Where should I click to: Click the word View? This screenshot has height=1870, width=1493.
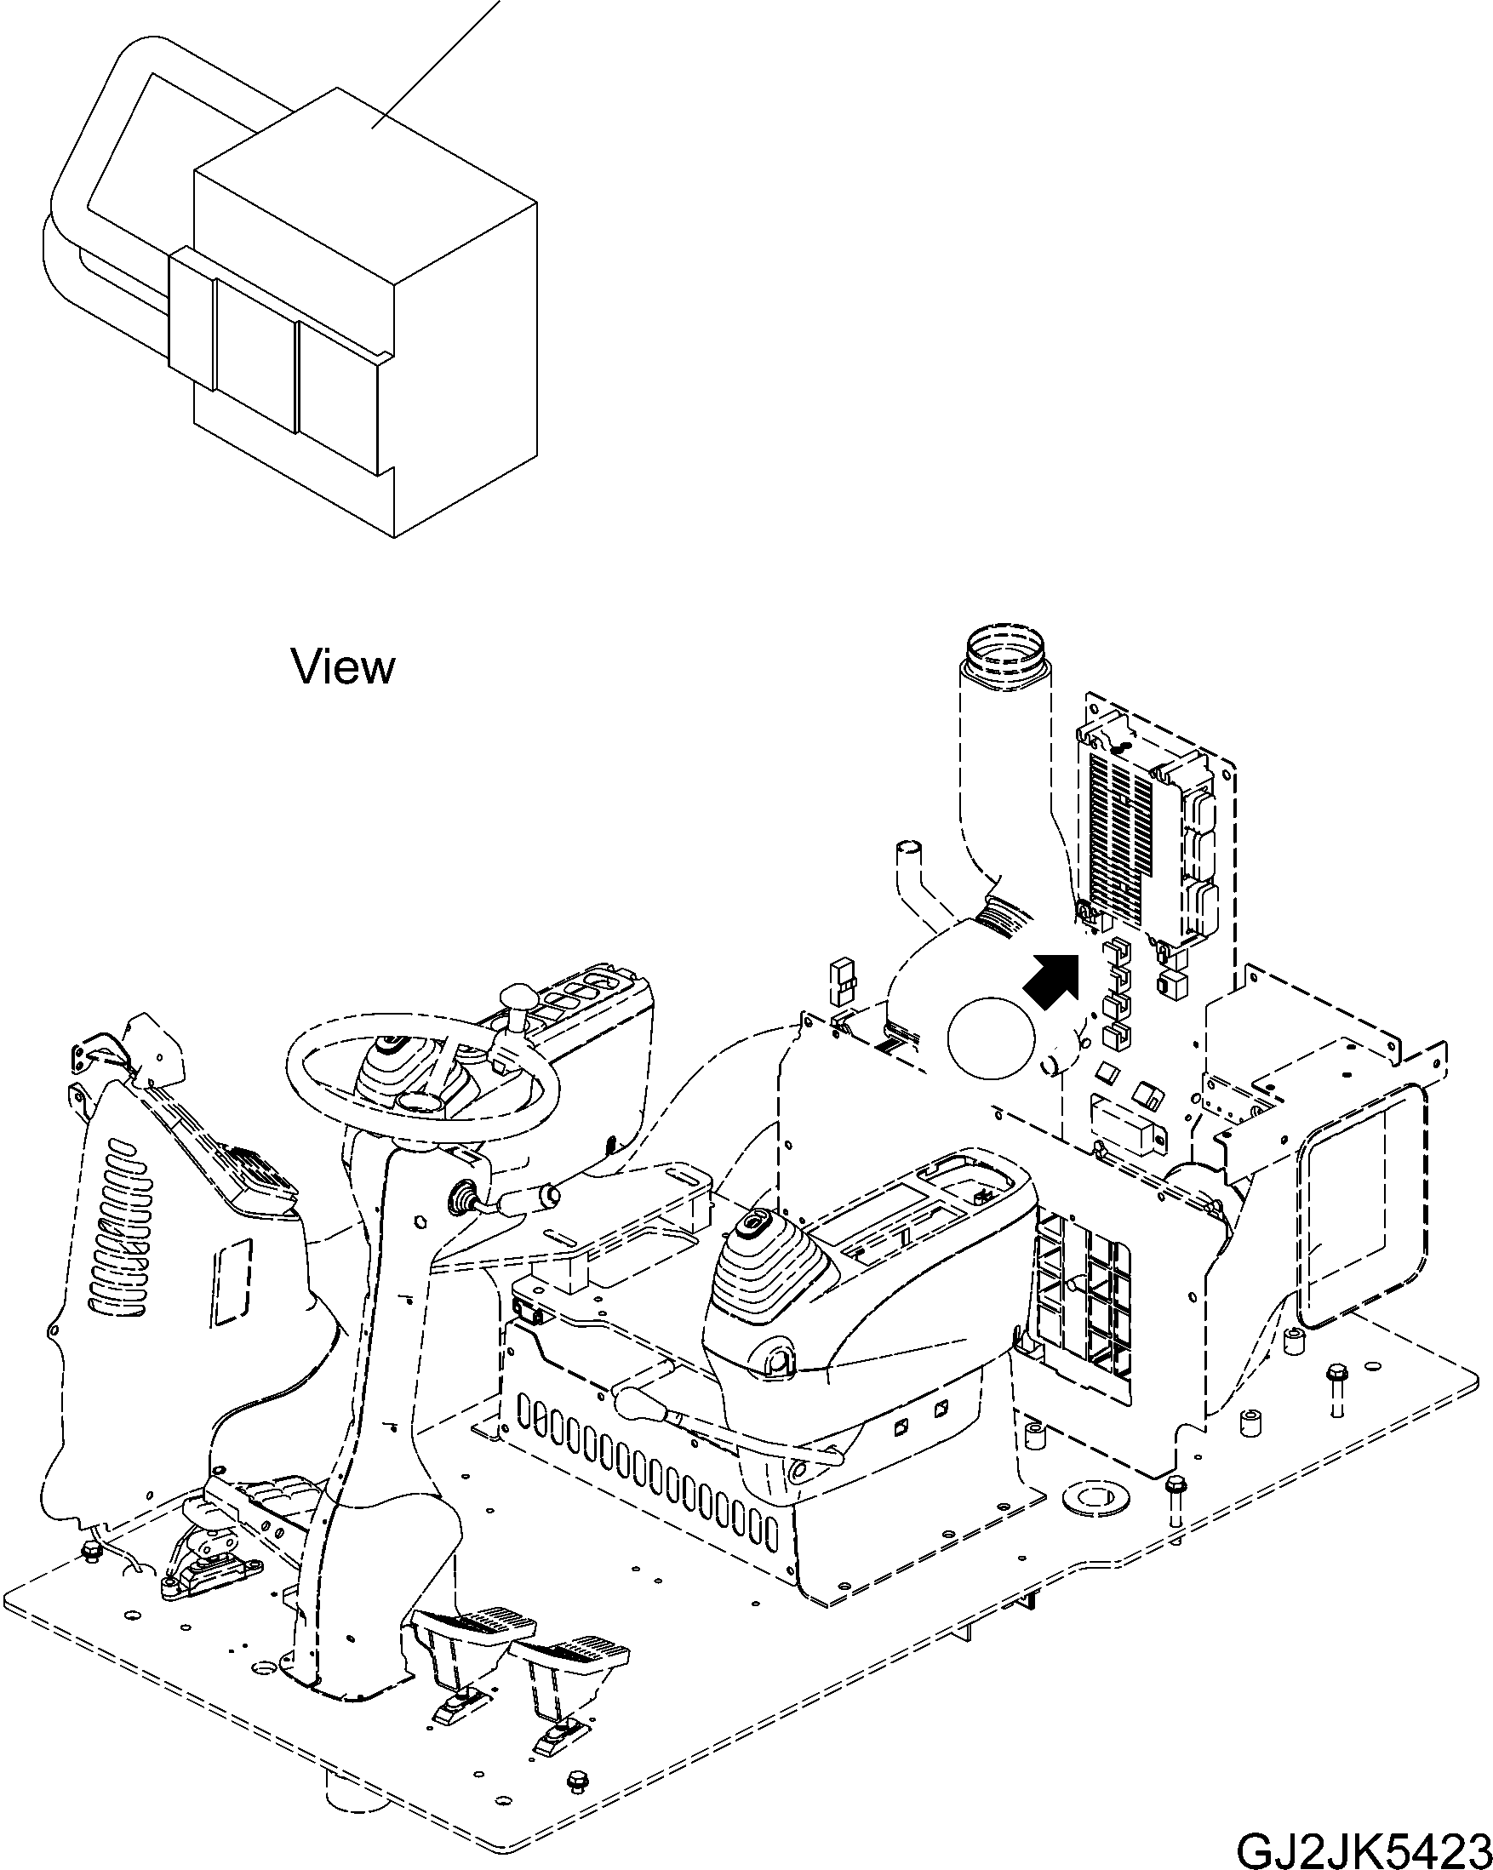point(343,667)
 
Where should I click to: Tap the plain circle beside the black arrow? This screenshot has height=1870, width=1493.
point(992,1038)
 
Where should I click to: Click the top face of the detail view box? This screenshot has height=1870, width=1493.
point(364,182)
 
